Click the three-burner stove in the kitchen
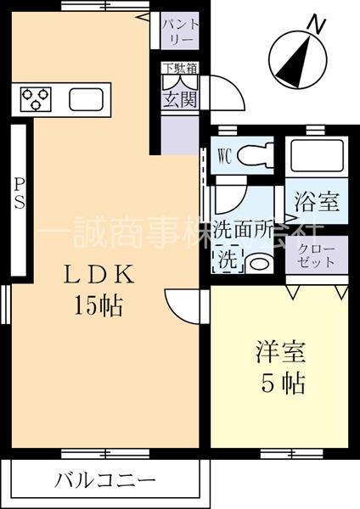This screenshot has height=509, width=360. (37, 100)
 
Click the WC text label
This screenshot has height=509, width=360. (225, 156)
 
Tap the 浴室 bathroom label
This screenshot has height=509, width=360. (317, 202)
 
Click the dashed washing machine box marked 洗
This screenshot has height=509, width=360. (228, 260)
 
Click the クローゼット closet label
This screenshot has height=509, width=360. (317, 254)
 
